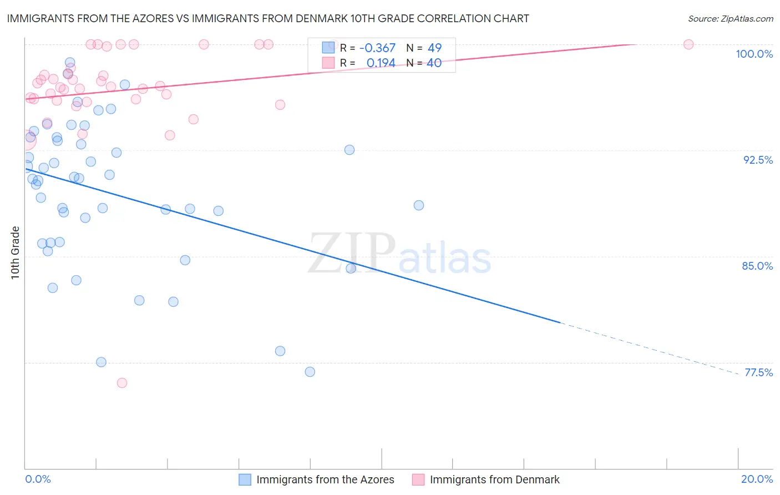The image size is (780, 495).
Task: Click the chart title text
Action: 268,18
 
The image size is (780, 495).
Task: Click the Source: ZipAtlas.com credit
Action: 730,18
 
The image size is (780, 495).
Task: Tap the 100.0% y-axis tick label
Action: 754,54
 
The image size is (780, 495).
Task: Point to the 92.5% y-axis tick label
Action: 758,160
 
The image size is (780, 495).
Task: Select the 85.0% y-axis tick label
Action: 757,266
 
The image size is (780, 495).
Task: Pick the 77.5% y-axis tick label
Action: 758,372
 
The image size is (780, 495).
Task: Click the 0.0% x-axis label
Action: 38,479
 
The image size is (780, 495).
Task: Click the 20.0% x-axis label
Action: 757,479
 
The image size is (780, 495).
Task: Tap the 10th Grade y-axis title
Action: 15,252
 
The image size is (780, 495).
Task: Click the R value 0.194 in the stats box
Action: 381,63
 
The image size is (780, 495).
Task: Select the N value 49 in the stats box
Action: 434,48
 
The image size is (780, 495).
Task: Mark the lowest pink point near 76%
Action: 122,383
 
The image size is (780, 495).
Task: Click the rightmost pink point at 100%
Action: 688,44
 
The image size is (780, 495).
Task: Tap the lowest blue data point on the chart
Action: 310,372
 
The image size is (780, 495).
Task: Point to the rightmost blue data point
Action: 419,205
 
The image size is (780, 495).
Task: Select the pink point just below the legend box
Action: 280,105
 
